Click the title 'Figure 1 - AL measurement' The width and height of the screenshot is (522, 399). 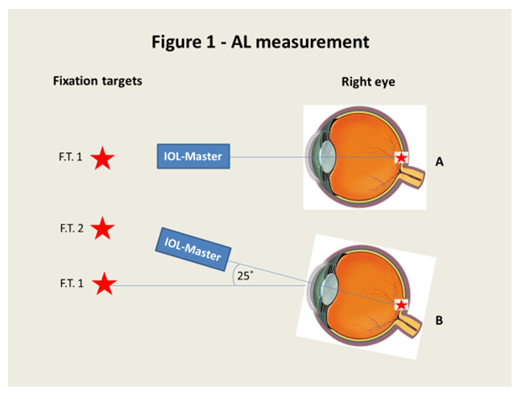[261, 43]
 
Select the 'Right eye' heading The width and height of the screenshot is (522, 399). [368, 81]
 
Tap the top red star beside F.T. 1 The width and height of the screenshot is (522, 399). [102, 159]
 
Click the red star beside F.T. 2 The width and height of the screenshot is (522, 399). [102, 230]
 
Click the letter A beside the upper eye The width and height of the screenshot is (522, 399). [440, 162]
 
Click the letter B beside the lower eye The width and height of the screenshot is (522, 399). [440, 320]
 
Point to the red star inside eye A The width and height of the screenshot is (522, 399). [400, 159]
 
